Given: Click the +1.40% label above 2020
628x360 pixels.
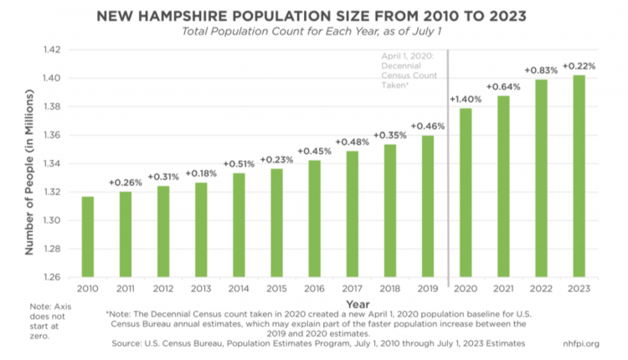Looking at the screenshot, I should coord(466,99).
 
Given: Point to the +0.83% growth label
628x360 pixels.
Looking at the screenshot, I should coord(540,70).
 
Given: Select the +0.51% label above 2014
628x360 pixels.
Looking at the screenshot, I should coord(239,163).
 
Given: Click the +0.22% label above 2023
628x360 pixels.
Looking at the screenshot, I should coord(578,66).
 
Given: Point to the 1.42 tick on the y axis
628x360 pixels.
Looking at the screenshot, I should coord(51,49).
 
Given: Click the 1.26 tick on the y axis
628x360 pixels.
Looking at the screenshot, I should coord(51,276).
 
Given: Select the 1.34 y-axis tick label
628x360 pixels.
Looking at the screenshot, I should coord(51,163).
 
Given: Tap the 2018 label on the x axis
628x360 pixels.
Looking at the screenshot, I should coord(390,289).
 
